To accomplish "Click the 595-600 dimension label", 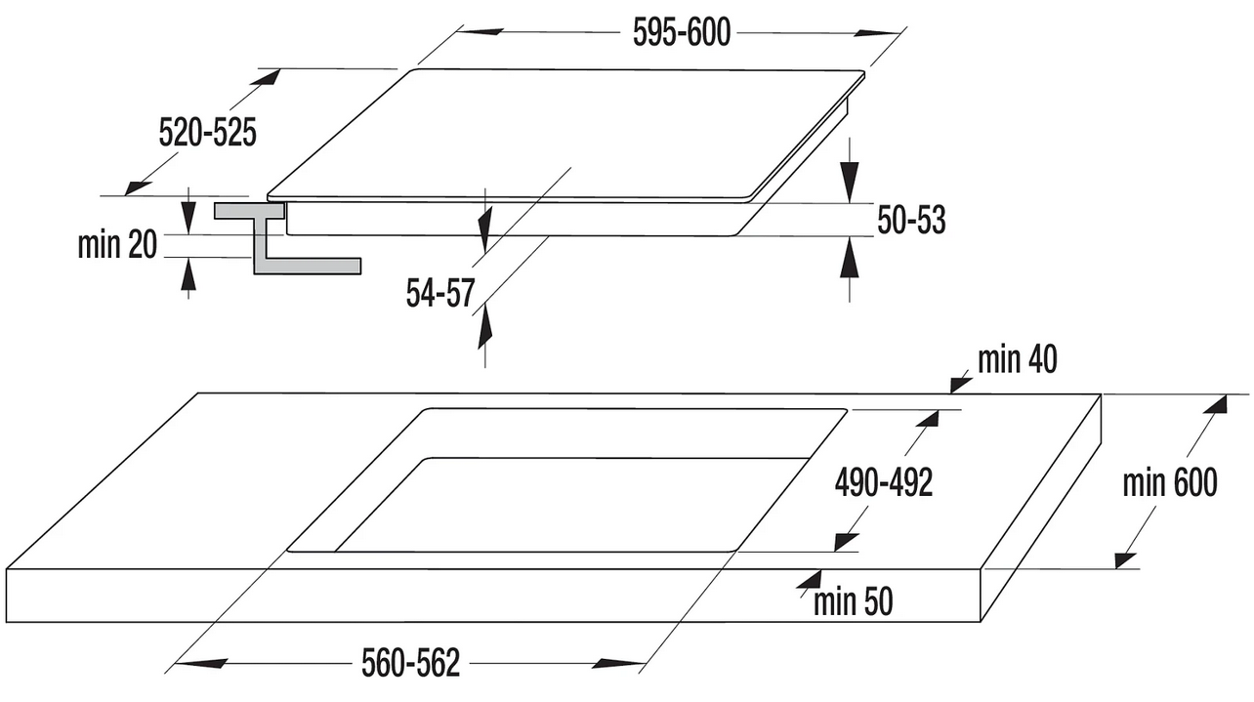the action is pos(682,32).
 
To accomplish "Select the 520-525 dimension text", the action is pos(208,133).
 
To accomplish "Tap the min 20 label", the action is pos(117,245).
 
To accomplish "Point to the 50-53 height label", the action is pos(911,220).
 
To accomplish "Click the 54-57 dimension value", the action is pos(440,293).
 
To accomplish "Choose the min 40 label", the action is pos(1018,359).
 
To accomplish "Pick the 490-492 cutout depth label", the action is pos(884,482).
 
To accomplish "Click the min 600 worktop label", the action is pos(1170,482).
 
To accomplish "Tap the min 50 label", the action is pos(854,601).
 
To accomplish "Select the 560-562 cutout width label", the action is pos(411,663).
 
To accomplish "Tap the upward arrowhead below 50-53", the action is pos(850,257).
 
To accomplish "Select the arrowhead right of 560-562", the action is pos(618,664).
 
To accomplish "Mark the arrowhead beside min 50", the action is pos(810,579).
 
